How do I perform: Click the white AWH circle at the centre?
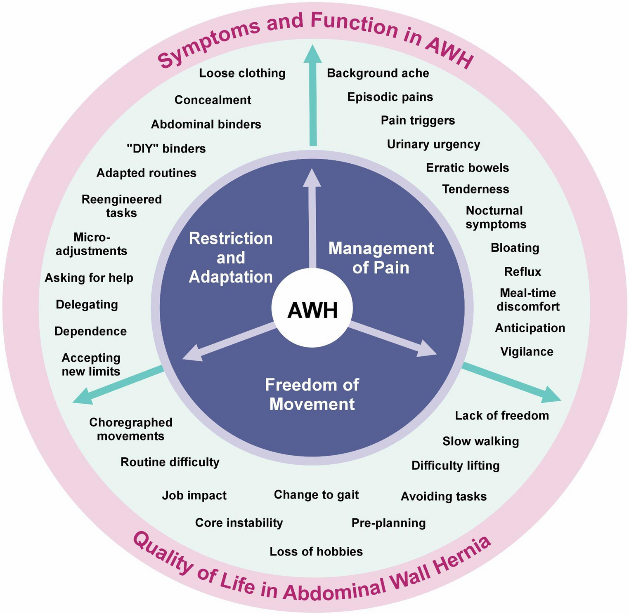click(312, 310)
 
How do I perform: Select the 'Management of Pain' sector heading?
click(381, 258)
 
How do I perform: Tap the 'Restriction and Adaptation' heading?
click(231, 258)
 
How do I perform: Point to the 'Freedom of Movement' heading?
click(312, 394)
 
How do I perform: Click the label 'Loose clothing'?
click(242, 73)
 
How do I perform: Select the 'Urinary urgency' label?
click(433, 144)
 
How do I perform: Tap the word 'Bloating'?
click(515, 248)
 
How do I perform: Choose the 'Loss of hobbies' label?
click(316, 551)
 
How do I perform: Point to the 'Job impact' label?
click(194, 495)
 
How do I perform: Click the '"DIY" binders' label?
click(166, 148)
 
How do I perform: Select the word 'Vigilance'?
click(527, 352)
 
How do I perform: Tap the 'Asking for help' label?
click(89, 278)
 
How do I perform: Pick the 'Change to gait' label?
click(316, 494)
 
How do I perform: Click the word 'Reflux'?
click(523, 272)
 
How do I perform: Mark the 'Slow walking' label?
click(480, 441)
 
